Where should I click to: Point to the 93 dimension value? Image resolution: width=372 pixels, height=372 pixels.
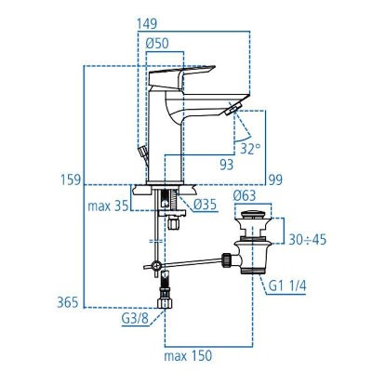[x=226, y=164]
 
